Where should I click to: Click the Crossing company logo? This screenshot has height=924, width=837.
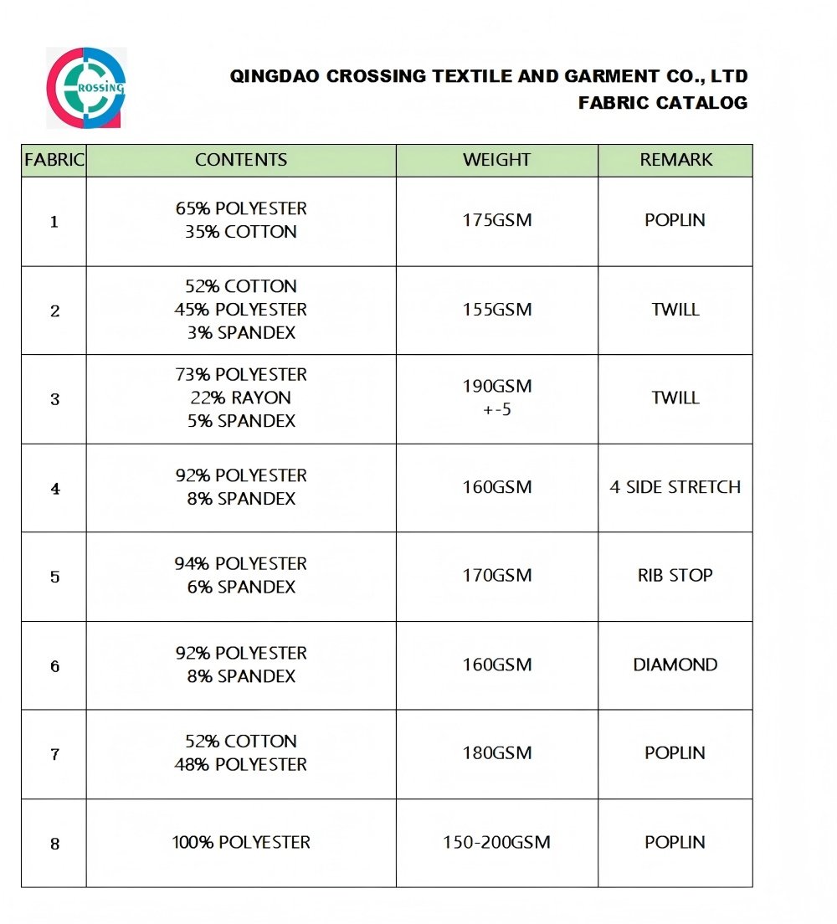(86, 87)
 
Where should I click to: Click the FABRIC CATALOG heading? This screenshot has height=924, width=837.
(662, 103)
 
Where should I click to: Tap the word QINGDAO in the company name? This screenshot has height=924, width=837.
(274, 77)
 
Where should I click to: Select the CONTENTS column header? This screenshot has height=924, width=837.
(241, 160)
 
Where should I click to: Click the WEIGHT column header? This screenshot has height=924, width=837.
(497, 160)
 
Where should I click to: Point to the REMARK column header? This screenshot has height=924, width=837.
(675, 160)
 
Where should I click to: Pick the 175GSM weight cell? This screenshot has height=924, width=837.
(497, 221)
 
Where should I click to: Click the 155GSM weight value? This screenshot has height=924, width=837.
(497, 310)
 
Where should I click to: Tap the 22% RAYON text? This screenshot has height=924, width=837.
(241, 398)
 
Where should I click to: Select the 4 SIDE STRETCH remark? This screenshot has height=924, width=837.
(675, 487)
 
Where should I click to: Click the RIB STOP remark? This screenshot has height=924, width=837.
(675, 576)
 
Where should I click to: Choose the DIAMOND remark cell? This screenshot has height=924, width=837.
(675, 665)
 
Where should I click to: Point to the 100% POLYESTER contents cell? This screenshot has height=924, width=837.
(241, 843)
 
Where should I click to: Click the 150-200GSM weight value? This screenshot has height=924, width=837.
(497, 843)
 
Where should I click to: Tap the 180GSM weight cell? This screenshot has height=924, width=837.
(497, 753)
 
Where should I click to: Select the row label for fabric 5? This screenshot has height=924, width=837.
(55, 577)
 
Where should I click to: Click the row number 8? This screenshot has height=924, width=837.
(55, 844)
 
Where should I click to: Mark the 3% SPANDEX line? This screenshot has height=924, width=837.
(241, 333)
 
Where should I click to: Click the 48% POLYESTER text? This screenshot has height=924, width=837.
(241, 765)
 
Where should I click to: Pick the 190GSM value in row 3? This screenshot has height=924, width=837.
(497, 387)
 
